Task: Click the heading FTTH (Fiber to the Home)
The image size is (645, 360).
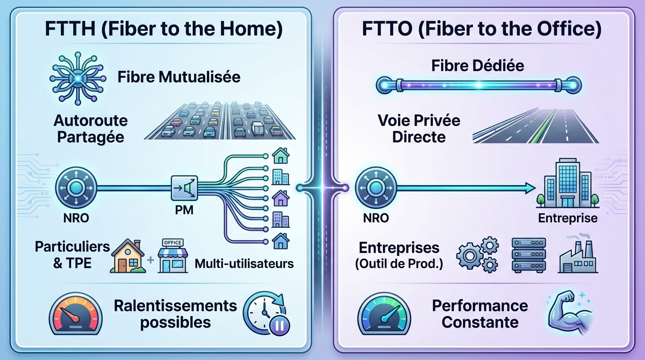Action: pyautogui.click(x=164, y=29)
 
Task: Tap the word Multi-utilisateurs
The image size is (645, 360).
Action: pyautogui.click(x=244, y=263)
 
